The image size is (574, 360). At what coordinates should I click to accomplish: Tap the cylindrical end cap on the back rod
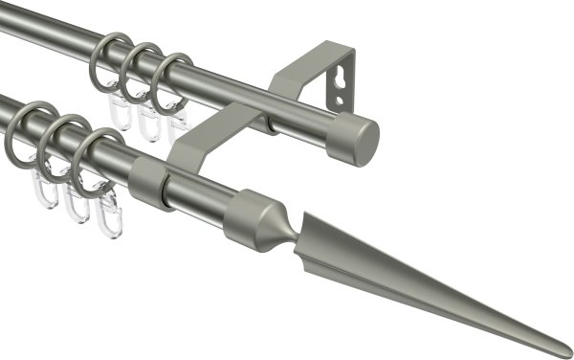click(x=357, y=140)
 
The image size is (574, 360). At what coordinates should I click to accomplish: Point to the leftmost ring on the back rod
click(x=107, y=59)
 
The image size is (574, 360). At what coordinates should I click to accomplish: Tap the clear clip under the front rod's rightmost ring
click(x=108, y=215)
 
